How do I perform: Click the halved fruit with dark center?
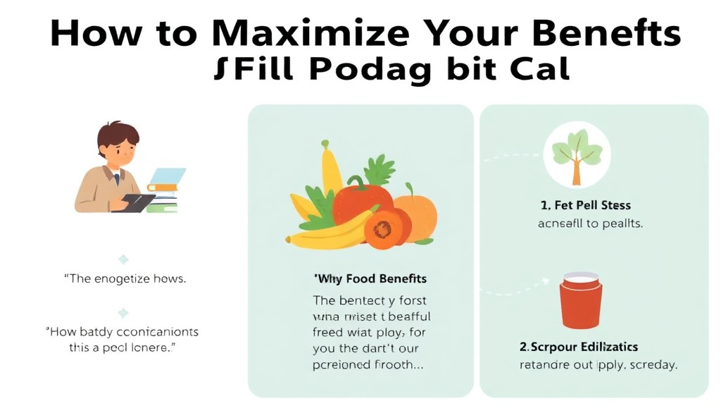coord(384,229)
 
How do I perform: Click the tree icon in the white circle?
coord(577,155)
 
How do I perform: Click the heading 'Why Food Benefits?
coord(370,278)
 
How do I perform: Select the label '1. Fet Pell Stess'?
coord(586,205)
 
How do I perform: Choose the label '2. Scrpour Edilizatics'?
coord(578,347)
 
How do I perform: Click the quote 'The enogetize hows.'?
coord(125,278)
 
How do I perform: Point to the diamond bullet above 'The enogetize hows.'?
coord(123,259)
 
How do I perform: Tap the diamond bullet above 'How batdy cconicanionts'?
coord(123,313)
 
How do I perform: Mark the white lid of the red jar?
coord(581,277)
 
